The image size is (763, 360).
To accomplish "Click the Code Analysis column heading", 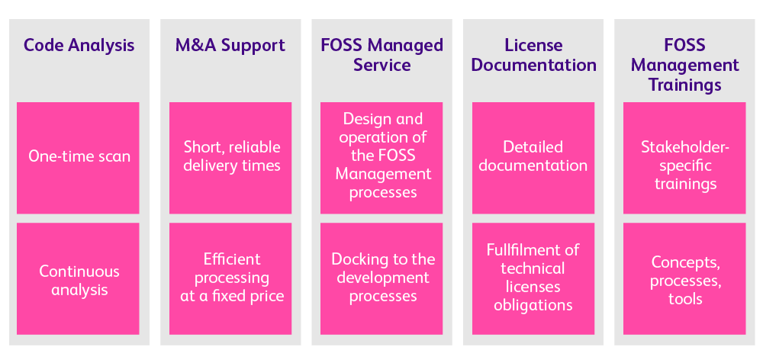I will tap(78, 45).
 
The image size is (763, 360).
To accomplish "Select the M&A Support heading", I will tap(230, 45).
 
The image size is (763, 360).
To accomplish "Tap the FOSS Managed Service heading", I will tap(381, 55).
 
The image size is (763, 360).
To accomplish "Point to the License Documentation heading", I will tap(533, 55).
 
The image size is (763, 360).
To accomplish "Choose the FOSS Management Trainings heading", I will tap(684, 65).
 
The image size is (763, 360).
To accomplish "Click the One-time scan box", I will tap(78, 157).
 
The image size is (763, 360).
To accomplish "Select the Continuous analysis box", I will tap(78, 279).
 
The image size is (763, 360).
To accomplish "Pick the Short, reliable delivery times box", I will tap(230, 157).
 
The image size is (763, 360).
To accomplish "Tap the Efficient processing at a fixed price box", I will tap(230, 279).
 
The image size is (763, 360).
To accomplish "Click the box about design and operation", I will tap(381, 157).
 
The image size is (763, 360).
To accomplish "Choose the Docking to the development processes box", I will tap(381, 279).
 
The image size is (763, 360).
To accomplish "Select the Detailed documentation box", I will tap(533, 157).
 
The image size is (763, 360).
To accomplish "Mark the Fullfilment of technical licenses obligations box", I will tap(533, 279).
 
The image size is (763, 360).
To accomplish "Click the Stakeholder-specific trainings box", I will tap(684, 157).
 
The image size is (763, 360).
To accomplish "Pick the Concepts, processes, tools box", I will tap(684, 279).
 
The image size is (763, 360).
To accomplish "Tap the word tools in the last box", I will tap(685, 299).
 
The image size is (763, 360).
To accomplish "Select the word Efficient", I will tap(232, 259).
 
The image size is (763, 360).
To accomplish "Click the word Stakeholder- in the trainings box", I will tap(685, 147).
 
